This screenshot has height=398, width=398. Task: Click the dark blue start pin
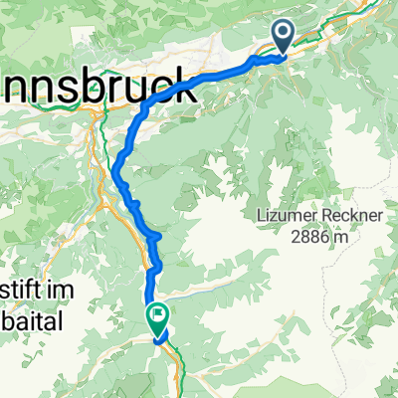point(283,37)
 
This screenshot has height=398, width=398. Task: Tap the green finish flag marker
point(158,318)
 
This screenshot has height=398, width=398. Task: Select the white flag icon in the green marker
point(158,317)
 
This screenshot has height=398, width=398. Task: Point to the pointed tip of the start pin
point(283,56)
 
